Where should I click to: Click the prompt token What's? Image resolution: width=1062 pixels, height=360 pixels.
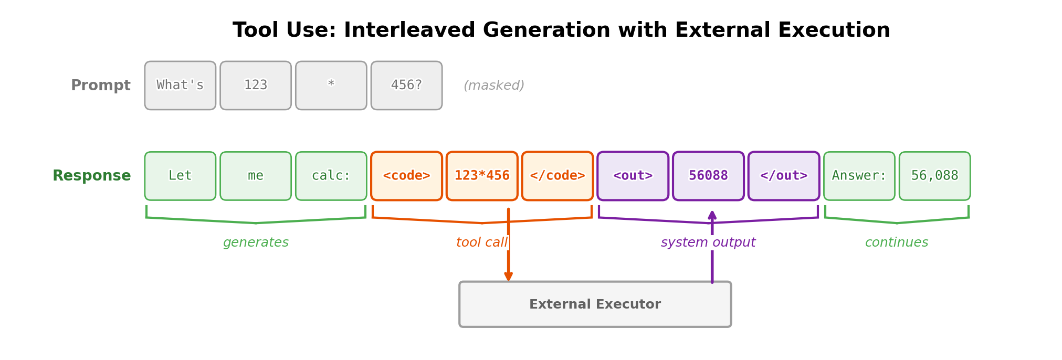pos(180,86)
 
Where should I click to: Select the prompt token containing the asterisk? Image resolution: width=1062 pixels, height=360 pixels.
pos(331,86)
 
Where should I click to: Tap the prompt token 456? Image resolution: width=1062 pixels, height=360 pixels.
pos(406,86)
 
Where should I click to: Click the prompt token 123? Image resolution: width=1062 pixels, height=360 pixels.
pos(256,86)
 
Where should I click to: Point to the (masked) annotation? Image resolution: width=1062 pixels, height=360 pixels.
pos(493,86)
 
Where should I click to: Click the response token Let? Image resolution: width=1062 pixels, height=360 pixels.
pos(180,176)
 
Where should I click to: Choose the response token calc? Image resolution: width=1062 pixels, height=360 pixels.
pos(331,176)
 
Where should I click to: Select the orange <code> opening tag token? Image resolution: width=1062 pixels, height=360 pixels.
pos(406,176)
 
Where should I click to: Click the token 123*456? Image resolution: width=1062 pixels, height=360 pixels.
pos(482,176)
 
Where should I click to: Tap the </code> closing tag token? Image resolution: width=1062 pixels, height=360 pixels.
pos(557,176)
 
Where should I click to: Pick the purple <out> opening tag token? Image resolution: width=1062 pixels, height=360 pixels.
pos(633,176)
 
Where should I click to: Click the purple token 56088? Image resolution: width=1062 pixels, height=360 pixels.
pos(708,176)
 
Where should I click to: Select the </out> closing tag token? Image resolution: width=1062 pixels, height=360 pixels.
pos(783,176)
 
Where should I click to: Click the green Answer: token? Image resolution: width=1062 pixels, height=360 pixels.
pos(859,176)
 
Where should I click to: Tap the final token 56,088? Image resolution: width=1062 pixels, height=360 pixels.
pos(934,176)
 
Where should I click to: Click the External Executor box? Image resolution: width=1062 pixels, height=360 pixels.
pos(595,304)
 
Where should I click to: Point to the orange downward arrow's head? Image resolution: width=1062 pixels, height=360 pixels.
pos(508,276)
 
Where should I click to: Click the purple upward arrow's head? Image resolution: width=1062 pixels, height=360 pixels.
pos(712,215)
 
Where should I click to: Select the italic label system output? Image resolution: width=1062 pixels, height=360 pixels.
pos(708,242)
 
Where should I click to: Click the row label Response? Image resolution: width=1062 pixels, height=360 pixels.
pos(92,176)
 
